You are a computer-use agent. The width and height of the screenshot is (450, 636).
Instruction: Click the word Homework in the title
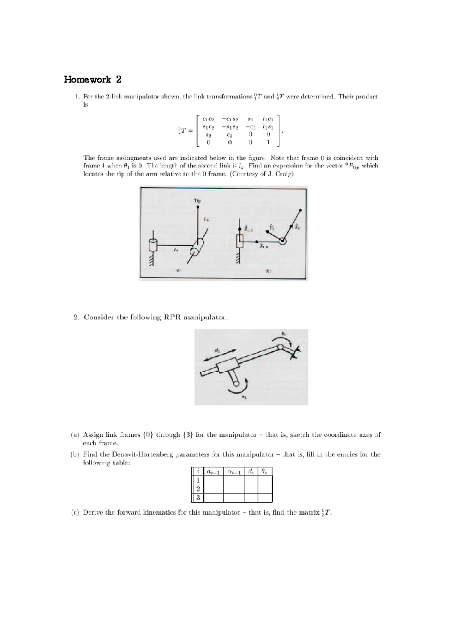(x=87, y=79)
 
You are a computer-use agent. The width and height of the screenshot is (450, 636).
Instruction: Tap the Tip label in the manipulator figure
(x=197, y=200)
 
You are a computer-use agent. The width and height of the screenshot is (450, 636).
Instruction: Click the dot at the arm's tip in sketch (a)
(x=198, y=206)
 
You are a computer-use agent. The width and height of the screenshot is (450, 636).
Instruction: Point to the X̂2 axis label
(x=297, y=227)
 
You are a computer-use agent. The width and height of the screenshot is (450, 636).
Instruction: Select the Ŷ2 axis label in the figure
(x=272, y=227)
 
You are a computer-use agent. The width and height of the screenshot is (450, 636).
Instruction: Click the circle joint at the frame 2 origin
(x=282, y=241)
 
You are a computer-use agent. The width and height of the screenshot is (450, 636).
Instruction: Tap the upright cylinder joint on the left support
(x=153, y=245)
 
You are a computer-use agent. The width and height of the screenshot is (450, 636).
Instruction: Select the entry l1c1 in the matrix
(x=268, y=119)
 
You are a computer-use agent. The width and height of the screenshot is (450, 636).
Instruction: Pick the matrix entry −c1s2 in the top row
(x=230, y=119)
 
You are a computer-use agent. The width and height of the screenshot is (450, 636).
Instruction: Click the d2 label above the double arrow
(x=217, y=351)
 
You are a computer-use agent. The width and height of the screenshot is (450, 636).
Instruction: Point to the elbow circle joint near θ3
(x=280, y=347)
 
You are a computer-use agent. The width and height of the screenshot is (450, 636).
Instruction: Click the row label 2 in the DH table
(x=198, y=489)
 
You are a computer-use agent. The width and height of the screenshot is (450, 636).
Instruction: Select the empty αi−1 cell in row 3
(x=234, y=498)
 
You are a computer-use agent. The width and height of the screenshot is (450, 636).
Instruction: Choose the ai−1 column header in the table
(x=214, y=471)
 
